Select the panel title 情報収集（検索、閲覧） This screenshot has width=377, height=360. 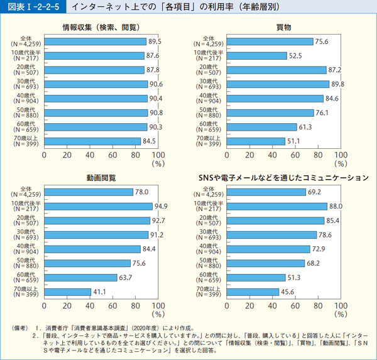click(101, 28)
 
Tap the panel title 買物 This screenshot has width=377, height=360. click(283, 28)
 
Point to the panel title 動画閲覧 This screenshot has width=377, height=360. click(101, 178)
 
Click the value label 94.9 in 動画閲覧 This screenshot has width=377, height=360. click(161, 206)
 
